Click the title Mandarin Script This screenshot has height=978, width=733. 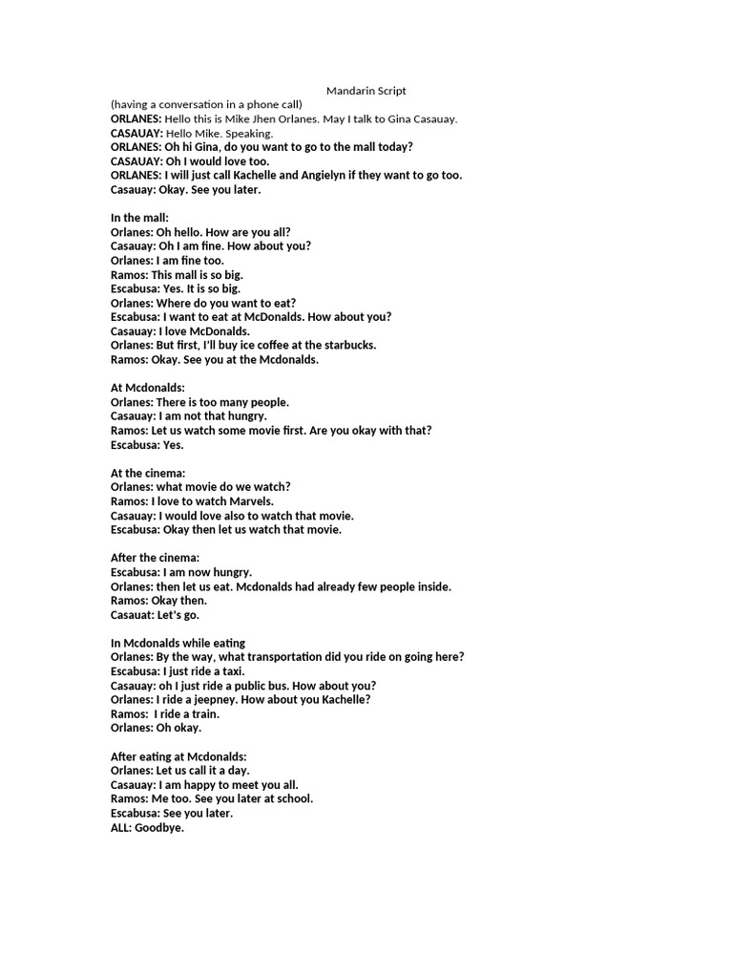click(x=366, y=91)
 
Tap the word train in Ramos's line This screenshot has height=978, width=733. click(x=203, y=713)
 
